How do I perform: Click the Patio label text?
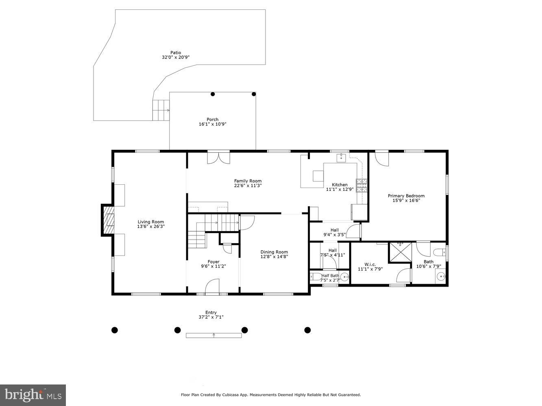pyautogui.click(x=176, y=52)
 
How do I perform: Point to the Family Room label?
pyautogui.click(x=248, y=181)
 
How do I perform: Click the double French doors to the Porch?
pyautogui.click(x=218, y=158)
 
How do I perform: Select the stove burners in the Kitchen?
pyautogui.click(x=361, y=185)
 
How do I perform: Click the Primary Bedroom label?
pyautogui.click(x=406, y=196)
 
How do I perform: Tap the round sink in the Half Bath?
pyautogui.click(x=344, y=277)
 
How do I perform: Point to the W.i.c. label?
pyautogui.click(x=370, y=264)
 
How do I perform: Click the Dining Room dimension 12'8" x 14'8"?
pyautogui.click(x=274, y=257)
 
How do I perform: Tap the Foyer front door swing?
pyautogui.click(x=212, y=286)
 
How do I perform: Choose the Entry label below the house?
pyautogui.click(x=211, y=312)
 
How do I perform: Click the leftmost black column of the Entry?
pyautogui.click(x=115, y=330)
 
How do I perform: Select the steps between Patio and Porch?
pyautogui.click(x=161, y=110)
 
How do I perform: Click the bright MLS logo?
pyautogui.click(x=33, y=395)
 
